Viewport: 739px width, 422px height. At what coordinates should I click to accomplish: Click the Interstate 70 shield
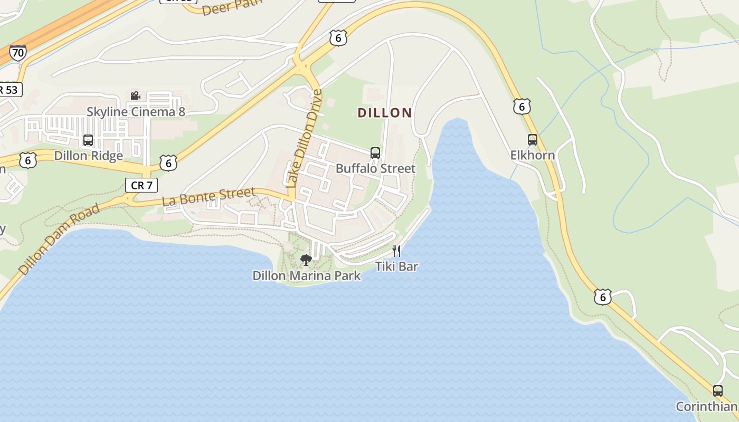17,53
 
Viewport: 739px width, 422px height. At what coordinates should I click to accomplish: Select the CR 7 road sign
141,185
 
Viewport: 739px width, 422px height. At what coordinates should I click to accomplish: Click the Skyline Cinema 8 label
136,112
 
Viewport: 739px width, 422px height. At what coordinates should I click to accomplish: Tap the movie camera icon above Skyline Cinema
135,95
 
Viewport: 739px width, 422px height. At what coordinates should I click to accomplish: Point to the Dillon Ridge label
89,156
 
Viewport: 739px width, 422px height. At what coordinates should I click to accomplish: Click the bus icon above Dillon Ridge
88,140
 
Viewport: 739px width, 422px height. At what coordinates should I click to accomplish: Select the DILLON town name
384,113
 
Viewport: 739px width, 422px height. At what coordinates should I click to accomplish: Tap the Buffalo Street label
375,169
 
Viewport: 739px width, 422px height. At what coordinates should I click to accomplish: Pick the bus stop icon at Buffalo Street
375,153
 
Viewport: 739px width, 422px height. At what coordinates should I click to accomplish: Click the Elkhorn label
532,155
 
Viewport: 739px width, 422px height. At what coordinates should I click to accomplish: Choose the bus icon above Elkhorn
533,140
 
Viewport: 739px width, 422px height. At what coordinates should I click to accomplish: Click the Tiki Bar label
396,266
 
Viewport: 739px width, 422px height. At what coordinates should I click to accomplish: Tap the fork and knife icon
396,251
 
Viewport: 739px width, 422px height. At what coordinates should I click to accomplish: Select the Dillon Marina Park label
306,275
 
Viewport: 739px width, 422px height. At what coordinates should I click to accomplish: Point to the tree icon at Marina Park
306,260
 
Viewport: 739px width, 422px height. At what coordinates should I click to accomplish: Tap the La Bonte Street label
209,197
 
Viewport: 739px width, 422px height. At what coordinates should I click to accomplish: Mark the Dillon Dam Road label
59,239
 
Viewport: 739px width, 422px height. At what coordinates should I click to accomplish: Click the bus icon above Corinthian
718,391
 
